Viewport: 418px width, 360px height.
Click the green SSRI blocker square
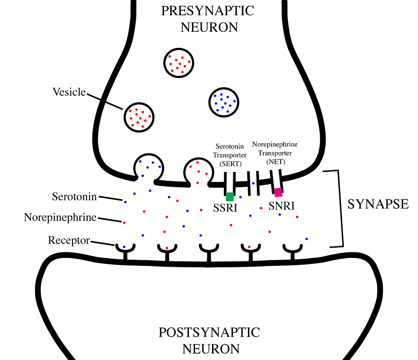230,197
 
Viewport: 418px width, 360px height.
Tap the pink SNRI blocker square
278,192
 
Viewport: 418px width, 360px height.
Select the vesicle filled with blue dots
223,102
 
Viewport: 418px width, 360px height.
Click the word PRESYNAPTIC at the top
207,11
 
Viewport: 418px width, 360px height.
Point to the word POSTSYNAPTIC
209,332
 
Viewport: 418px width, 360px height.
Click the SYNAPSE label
378,204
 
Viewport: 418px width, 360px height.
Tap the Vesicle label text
69,92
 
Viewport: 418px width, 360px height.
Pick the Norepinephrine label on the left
60,217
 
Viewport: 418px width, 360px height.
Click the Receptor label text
69,241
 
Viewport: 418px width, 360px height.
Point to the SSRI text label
225,208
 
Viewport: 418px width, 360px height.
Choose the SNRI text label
281,206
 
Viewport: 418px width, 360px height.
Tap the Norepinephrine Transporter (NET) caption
275,152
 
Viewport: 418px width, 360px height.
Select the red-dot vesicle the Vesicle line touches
139,117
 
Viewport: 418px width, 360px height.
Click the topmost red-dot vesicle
179,62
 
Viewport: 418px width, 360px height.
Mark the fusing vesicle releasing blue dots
148,167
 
